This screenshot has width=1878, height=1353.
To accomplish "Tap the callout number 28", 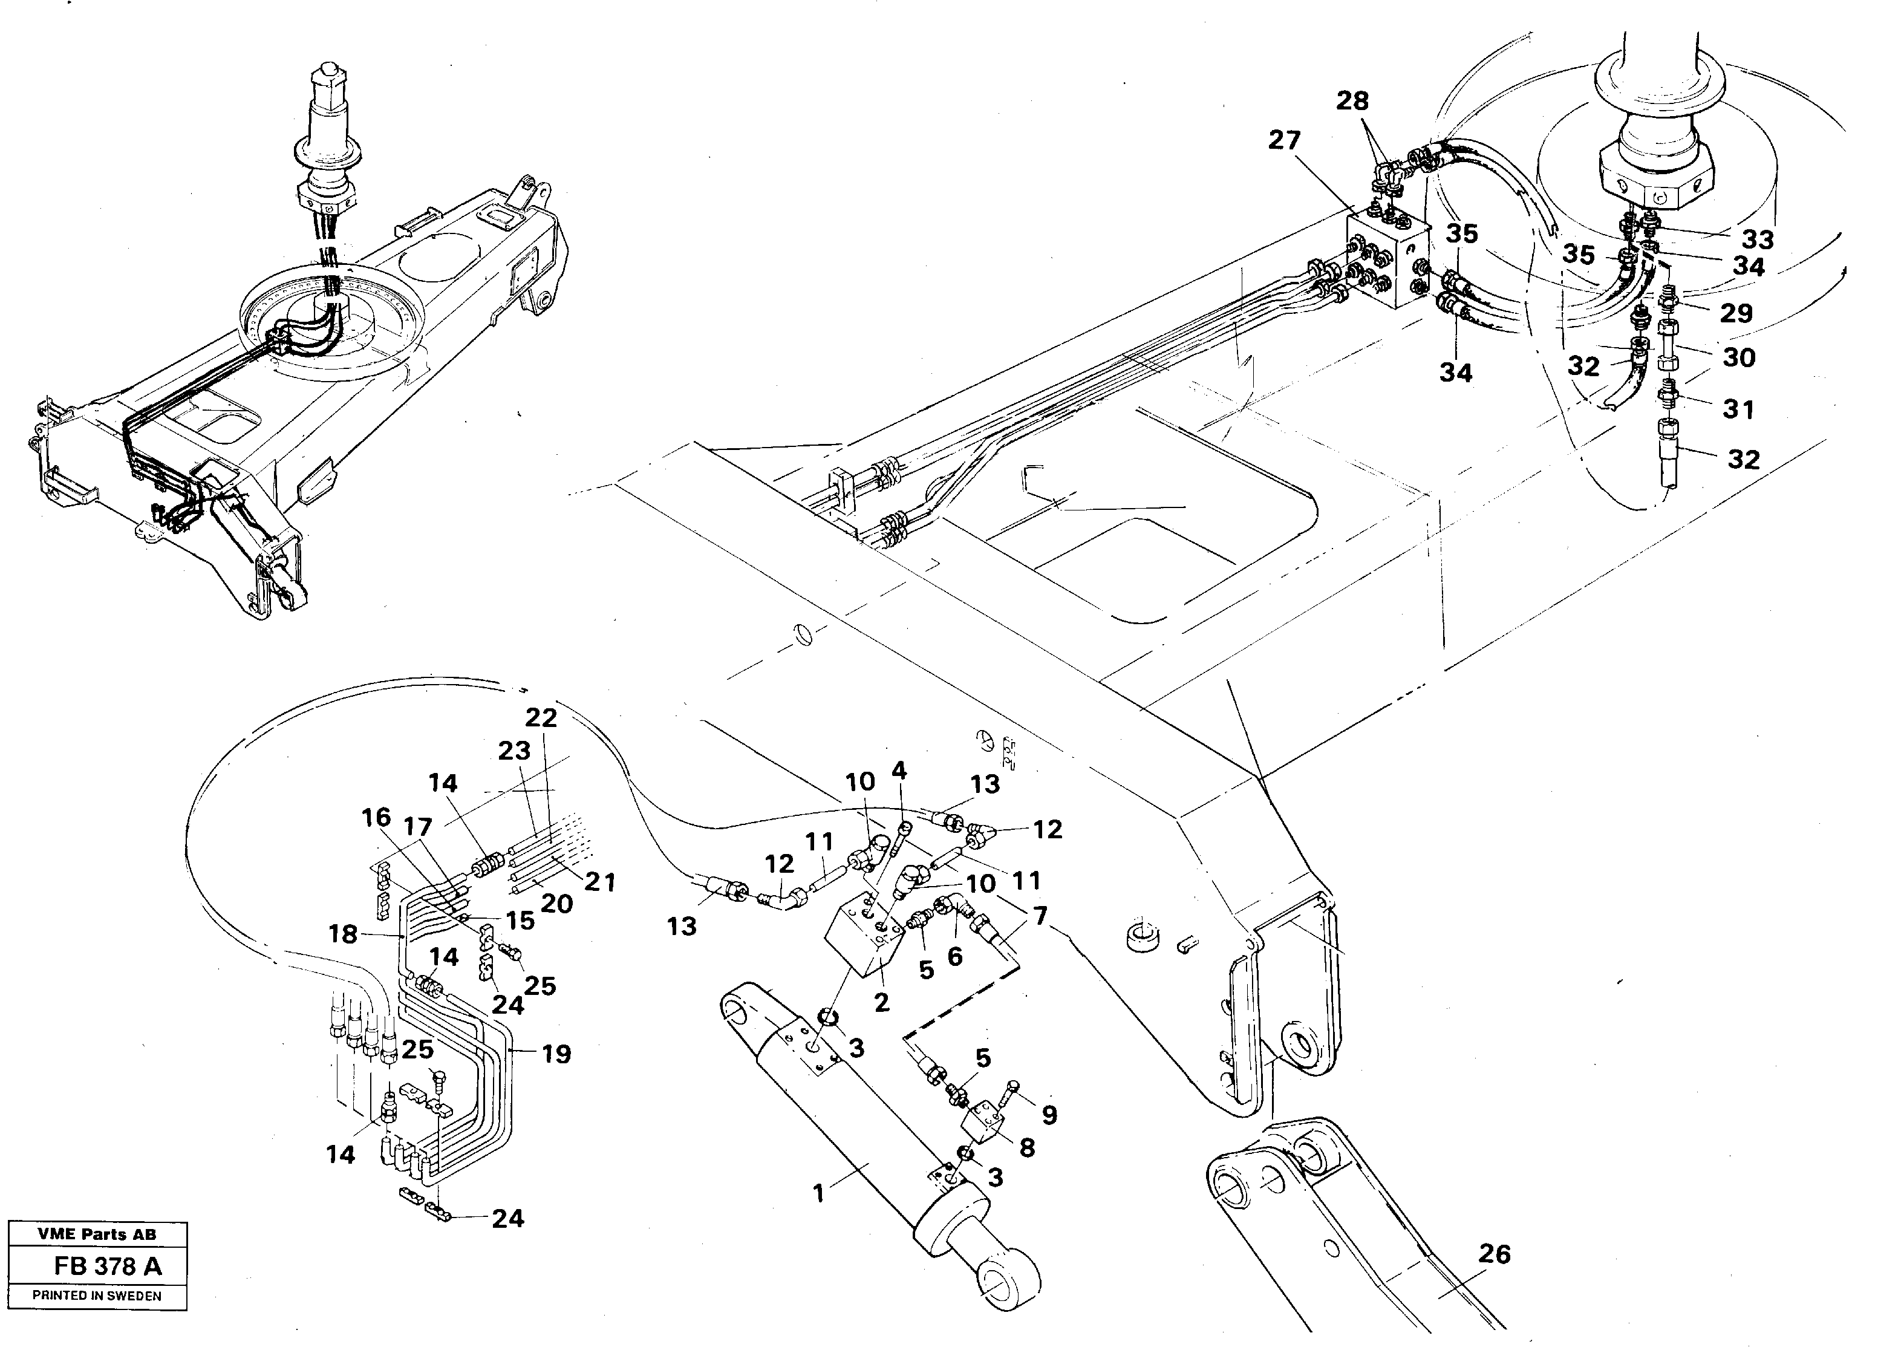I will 1352,102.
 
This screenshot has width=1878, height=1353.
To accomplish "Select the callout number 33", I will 1757,240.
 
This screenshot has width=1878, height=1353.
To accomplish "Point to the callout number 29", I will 1736,313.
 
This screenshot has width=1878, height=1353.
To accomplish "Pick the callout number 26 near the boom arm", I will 1495,1254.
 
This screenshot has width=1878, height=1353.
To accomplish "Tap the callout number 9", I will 1049,1115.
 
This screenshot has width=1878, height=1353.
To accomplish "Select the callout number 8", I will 1027,1147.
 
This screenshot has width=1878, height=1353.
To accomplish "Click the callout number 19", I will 556,1054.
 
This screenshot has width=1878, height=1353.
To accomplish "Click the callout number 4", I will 898,771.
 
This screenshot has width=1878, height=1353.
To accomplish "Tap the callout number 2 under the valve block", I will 882,1003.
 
